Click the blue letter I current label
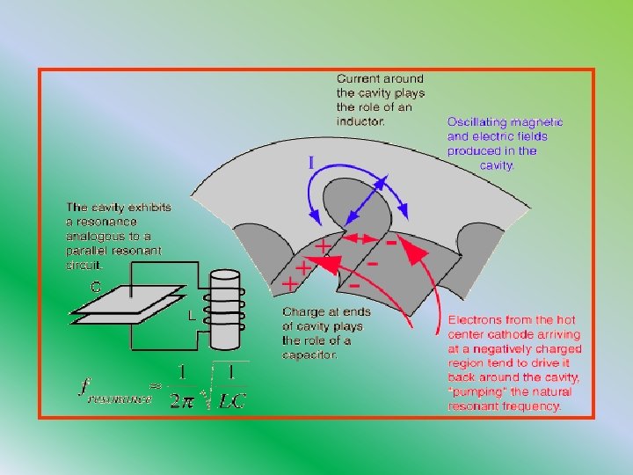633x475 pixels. (311, 163)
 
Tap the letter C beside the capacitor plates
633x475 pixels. (96, 285)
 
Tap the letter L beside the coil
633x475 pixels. (191, 314)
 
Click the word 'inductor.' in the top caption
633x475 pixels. (360, 121)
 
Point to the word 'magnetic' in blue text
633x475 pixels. (540, 122)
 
